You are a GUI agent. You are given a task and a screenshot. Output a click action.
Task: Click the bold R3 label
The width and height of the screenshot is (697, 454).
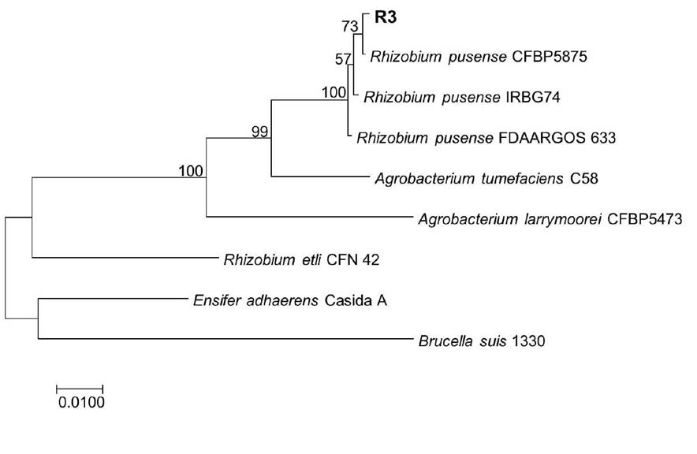[386, 18]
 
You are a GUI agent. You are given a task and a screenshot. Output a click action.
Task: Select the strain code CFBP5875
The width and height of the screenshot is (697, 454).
[550, 57]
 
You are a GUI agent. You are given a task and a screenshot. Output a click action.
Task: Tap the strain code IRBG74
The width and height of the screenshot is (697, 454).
[533, 97]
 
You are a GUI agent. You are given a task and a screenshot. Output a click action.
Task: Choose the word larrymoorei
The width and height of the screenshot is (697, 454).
[557, 219]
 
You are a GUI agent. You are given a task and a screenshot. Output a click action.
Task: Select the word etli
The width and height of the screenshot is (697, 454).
[311, 259]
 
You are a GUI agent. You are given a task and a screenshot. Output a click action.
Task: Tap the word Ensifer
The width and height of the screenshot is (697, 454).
[211, 301]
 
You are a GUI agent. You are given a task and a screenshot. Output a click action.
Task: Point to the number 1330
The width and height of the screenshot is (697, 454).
[528, 341]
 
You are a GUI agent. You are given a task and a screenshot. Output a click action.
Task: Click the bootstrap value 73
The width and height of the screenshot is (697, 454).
[350, 27]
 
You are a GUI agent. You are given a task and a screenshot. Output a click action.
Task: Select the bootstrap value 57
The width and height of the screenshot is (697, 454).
[343, 59]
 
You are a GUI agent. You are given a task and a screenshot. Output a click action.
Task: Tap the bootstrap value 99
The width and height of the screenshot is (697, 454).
[260, 132]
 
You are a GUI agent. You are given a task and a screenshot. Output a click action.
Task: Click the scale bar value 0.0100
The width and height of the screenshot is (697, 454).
[81, 403]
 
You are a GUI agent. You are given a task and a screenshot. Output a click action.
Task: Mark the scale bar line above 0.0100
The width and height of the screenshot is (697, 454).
[80, 389]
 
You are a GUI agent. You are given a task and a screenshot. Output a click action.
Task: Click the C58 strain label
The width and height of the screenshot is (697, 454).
[583, 179]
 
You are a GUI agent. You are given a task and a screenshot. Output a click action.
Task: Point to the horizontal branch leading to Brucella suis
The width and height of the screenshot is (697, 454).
[225, 339]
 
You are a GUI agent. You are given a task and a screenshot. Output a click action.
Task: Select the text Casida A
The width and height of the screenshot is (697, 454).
[356, 301]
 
